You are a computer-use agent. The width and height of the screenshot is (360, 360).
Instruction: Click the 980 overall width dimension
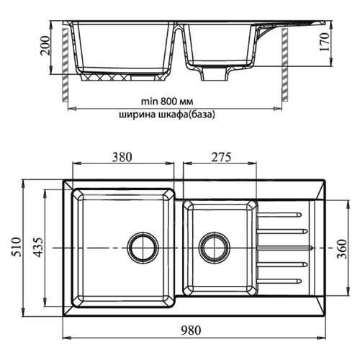pos(191,330)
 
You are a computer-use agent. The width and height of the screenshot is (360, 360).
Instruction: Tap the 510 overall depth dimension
pos(17,247)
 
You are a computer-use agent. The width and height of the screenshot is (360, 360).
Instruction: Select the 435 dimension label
pos(38,247)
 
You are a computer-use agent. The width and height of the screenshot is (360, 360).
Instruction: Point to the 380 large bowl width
pos(122,157)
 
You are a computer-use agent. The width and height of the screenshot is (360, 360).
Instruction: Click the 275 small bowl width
pos(221,157)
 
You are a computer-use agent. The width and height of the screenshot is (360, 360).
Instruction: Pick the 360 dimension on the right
pos(342,249)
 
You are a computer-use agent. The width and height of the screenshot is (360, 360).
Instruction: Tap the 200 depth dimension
pos(45,45)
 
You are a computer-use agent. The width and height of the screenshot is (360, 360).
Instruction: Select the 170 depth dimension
pos(324,42)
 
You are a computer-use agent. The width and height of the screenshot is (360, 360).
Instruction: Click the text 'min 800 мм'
pos(167,102)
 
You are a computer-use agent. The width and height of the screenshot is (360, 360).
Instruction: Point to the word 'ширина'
pos(137,115)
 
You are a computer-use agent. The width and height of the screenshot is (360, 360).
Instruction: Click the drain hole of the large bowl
pos(143,248)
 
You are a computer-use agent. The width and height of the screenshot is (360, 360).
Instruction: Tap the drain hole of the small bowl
pos(215,248)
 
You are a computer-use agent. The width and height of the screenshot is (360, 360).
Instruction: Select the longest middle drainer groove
pos(284,248)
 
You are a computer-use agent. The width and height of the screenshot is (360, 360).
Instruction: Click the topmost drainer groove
pos(279,215)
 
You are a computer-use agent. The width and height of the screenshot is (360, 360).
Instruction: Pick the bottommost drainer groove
pos(279,281)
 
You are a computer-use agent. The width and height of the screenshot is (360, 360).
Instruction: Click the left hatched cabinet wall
pos(65,64)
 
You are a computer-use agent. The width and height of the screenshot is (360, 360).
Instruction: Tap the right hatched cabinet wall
pos(284,64)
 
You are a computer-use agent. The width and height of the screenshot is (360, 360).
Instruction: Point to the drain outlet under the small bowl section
pos(214,73)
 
